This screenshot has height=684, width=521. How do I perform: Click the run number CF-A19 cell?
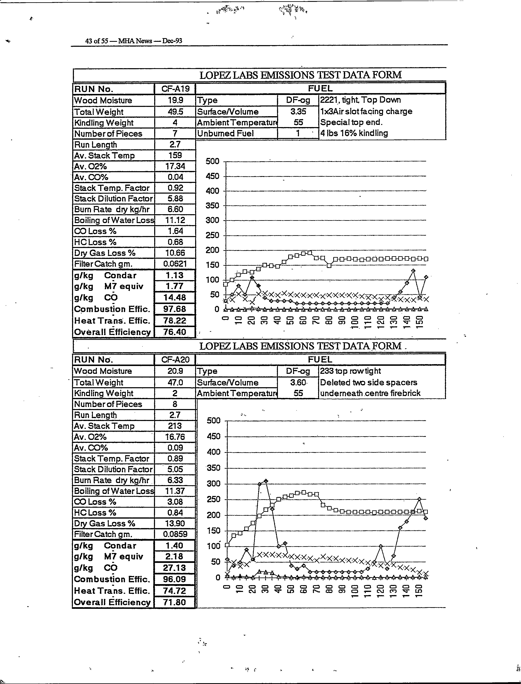tap(175, 89)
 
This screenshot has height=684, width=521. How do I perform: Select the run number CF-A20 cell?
tap(175, 360)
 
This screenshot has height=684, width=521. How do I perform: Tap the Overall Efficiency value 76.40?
tap(175, 332)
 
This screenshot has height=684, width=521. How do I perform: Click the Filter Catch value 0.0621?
tap(175, 264)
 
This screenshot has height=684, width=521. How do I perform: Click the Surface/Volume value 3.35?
tap(298, 111)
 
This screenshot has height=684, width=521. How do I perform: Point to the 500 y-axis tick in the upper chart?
tap(212, 161)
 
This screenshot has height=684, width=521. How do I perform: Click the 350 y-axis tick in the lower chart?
tap(213, 468)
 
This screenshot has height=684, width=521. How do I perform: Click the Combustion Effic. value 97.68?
tap(175, 309)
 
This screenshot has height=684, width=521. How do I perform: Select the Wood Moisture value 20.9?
tap(175, 371)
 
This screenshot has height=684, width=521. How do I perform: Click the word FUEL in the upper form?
tap(320, 88)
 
